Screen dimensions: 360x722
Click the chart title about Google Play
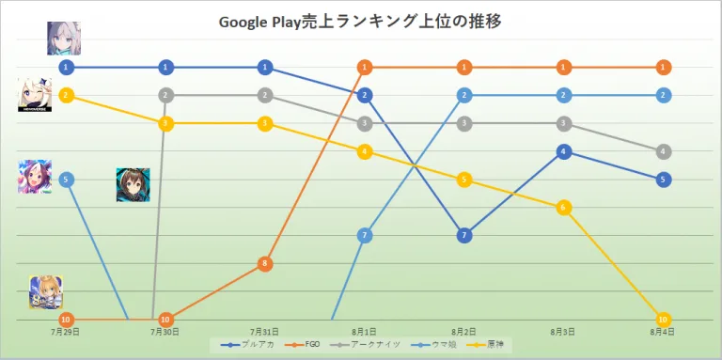point(361,21)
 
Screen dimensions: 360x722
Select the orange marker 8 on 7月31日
point(265,264)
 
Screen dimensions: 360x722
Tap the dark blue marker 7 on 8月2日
point(463,235)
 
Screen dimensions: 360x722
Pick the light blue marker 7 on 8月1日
point(365,235)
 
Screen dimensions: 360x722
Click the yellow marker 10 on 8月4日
point(664,320)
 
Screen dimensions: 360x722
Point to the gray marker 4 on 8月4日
point(664,151)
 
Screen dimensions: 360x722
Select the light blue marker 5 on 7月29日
point(66,180)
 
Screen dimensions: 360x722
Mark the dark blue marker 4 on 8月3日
point(563,151)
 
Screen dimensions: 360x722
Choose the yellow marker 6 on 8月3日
point(563,207)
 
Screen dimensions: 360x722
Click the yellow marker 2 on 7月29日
point(66,95)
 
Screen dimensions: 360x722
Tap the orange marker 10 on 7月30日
point(165,320)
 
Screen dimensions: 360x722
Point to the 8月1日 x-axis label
point(365,332)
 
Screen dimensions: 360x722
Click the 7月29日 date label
point(66,332)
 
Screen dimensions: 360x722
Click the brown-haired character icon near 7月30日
point(133,185)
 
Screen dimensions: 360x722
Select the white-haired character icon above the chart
point(66,38)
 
